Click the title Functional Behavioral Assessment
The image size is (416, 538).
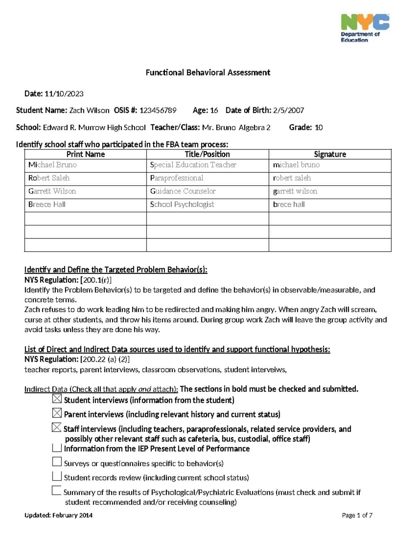(x=208, y=72)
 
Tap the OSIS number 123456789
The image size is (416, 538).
(x=158, y=111)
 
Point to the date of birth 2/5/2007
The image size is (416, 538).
(x=288, y=111)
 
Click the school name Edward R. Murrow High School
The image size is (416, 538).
(x=94, y=127)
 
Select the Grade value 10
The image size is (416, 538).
(x=319, y=127)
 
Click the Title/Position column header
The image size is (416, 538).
(x=207, y=154)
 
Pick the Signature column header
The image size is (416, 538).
(x=330, y=154)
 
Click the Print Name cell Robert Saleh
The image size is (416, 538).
(x=49, y=178)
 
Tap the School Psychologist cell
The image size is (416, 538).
(x=182, y=204)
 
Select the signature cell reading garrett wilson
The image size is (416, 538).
(x=295, y=191)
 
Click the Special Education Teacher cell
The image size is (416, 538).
(x=193, y=165)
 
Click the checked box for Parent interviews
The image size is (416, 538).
(x=57, y=413)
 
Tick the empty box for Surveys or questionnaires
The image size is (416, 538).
(x=57, y=461)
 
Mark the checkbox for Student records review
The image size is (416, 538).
(x=57, y=476)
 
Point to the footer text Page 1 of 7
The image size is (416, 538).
(x=357, y=515)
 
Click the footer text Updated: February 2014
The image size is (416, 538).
(x=58, y=515)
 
